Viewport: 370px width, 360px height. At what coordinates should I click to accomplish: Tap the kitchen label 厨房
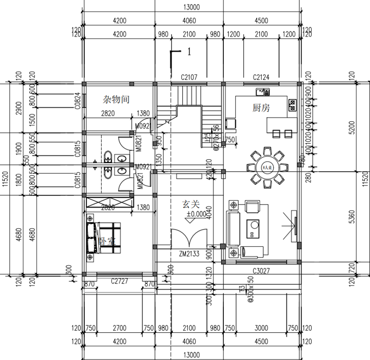click(261, 108)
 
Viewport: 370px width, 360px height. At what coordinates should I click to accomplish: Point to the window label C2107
click(189, 77)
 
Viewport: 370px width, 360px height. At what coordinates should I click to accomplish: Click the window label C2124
click(261, 77)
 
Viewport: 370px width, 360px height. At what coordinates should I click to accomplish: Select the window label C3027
click(261, 271)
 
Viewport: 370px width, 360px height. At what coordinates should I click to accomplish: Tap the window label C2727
click(119, 281)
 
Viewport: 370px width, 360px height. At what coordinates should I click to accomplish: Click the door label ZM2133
click(190, 254)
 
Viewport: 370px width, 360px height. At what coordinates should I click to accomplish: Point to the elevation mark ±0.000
click(196, 214)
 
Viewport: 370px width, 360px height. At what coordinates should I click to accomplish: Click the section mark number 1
click(189, 52)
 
